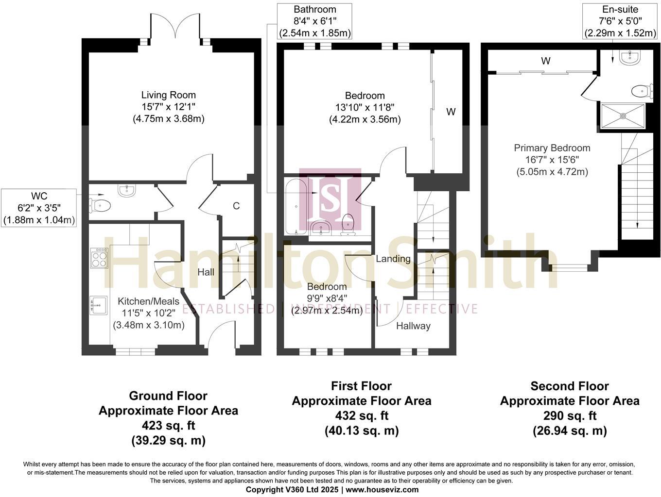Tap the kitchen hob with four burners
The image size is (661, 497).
pos(99,257)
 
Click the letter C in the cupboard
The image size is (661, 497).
pos(236,206)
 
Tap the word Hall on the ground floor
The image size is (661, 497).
pos(206,272)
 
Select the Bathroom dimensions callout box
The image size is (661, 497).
pos(315,21)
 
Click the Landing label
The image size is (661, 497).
pos(393,259)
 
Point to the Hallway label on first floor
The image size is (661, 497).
pos(413,326)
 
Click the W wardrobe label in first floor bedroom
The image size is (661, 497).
pos(451,112)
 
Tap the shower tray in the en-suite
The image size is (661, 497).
pos(623,116)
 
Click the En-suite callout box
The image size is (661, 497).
pos(620,21)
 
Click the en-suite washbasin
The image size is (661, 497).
pos(631,59)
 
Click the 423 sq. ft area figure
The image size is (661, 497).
pos(168,426)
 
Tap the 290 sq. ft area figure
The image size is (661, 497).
pos(570,416)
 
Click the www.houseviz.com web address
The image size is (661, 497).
pos(382,489)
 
